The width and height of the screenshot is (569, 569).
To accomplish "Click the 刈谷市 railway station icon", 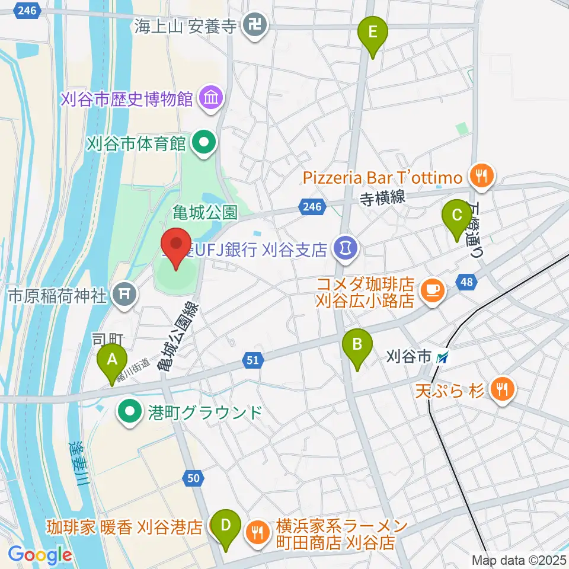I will [442, 357].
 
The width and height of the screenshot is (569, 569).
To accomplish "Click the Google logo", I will [40, 555].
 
